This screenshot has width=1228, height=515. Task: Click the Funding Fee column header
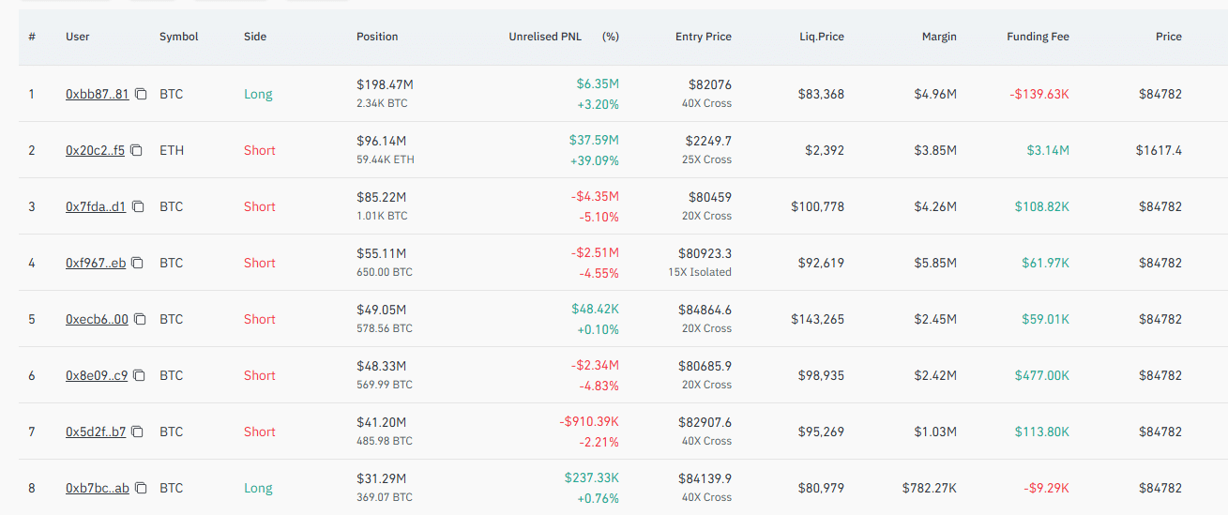point(1038,37)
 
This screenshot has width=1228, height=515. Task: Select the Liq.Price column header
point(821,37)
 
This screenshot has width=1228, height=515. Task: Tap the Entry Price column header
point(704,37)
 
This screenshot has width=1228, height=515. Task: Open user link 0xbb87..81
point(97,95)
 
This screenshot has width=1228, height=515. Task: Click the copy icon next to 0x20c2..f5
point(137,150)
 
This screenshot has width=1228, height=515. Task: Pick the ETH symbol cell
point(172,150)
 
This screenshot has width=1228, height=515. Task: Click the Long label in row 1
point(258,95)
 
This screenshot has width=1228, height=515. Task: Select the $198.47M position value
point(385,84)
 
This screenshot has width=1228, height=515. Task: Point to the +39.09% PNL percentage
point(594,160)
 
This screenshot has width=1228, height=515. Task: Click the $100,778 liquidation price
point(817,206)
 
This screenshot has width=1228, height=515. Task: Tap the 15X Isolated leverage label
point(700,272)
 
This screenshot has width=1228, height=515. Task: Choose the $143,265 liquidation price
point(817,319)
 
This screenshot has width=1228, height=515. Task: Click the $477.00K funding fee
point(1041,375)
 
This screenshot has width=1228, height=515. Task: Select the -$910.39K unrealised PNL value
point(589,422)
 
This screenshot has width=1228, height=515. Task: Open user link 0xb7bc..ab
point(97,488)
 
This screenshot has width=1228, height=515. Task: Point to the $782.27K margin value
point(930,488)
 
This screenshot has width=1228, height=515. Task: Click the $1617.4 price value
point(1159,150)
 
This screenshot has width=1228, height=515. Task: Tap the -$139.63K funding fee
point(1039,95)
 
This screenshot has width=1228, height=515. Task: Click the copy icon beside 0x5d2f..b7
point(138,432)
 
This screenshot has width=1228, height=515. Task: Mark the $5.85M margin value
point(935,264)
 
